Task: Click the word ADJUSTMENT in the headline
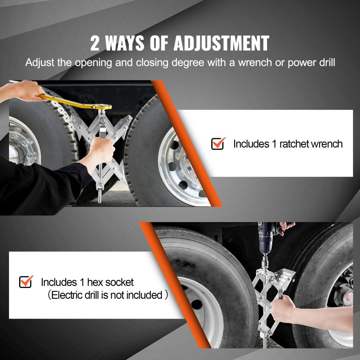[x=221, y=44]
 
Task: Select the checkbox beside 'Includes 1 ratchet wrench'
[x=218, y=144]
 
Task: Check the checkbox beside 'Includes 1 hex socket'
[x=26, y=282]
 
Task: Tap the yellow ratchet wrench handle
[x=72, y=102]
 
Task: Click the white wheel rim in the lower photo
[x=202, y=306]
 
